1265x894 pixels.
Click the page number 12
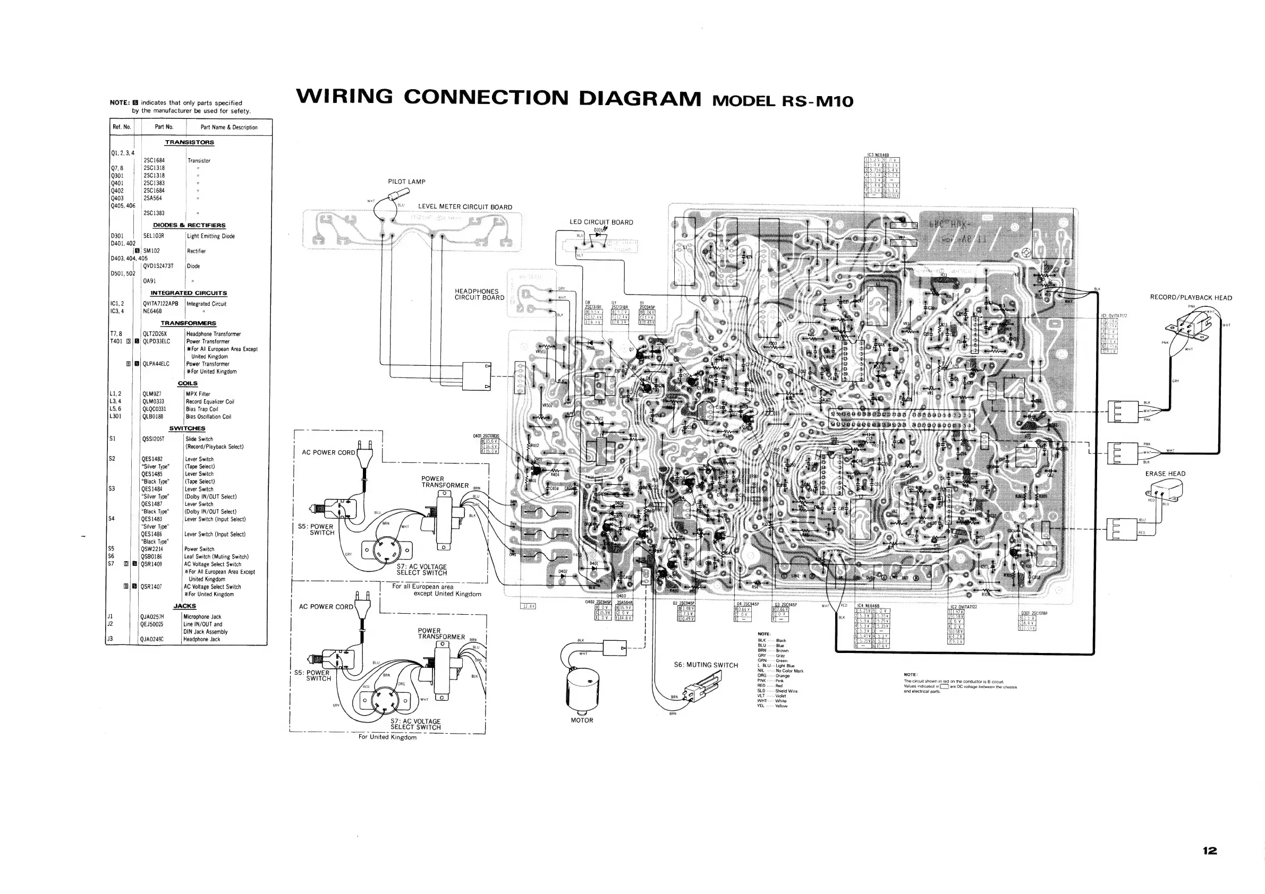tap(1209, 850)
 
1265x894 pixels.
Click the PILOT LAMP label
tap(406, 182)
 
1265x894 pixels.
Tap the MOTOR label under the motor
tap(582, 720)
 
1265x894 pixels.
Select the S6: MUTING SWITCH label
tap(706, 665)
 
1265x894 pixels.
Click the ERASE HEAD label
tap(1165, 474)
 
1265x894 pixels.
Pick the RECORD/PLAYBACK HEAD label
tap(1191, 298)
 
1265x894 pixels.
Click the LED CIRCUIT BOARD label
tap(601, 222)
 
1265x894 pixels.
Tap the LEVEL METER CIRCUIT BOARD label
tap(465, 207)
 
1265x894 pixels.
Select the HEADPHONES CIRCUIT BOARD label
tap(479, 295)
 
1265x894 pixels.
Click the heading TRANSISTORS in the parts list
tap(190, 142)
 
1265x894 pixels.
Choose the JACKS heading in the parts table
tap(184, 606)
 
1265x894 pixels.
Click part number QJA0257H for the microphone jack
tap(152, 616)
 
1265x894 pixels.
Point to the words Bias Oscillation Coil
tap(208, 417)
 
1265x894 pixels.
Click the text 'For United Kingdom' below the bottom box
tap(387, 737)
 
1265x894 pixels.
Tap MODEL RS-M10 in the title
tap(783, 101)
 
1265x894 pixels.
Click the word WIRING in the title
tap(344, 97)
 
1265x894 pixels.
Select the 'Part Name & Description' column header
tap(228, 127)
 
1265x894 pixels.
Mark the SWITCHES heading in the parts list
tap(187, 428)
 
